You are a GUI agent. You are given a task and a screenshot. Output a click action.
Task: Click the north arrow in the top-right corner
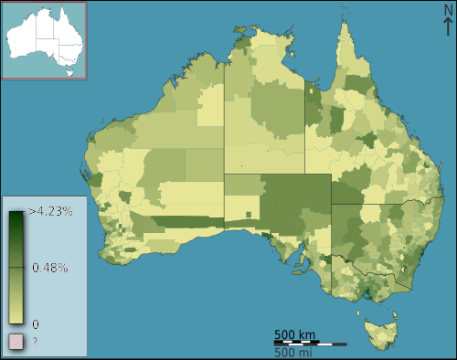(x=447, y=26)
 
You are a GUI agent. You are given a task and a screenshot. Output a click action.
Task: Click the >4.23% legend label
(x=51, y=211)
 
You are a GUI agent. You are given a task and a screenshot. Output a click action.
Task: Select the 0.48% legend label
(x=50, y=268)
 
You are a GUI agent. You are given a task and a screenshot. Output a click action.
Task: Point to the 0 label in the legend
(x=36, y=323)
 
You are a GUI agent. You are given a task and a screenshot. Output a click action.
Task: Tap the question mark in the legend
(x=36, y=342)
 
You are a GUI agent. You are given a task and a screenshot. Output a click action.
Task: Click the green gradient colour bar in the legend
(x=16, y=267)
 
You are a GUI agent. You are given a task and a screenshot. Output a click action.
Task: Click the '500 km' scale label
(x=295, y=333)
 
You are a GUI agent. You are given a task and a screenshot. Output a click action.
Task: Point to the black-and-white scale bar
(x=310, y=343)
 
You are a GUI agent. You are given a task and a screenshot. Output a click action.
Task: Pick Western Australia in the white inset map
(x=23, y=37)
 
